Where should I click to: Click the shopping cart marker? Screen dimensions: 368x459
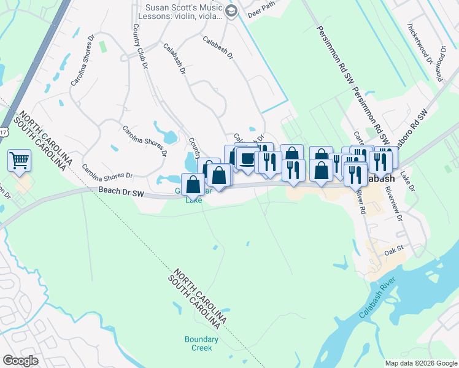[x=20, y=161]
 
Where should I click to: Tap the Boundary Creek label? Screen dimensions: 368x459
[x=201, y=343]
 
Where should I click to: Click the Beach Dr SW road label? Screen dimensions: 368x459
[x=121, y=193]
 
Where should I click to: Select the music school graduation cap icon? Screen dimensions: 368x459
[x=231, y=10]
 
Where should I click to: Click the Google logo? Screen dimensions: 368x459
[x=20, y=361]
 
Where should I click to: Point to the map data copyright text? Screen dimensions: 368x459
[x=420, y=363]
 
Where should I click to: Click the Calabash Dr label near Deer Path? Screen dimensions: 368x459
[x=218, y=47]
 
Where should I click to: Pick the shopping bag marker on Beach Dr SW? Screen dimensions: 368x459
[x=193, y=184]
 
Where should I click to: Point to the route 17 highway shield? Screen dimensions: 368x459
[x=3, y=131]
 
